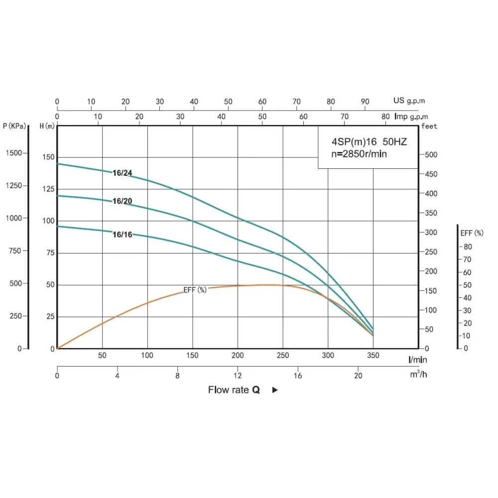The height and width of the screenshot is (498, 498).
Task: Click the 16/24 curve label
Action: click(x=122, y=173)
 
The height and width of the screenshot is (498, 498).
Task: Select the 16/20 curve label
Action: click(x=122, y=201)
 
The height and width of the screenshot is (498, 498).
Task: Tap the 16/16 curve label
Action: click(x=122, y=234)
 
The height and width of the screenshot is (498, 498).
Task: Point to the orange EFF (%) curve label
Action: click(x=195, y=290)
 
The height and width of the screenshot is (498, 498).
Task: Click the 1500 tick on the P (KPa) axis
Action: click(x=13, y=153)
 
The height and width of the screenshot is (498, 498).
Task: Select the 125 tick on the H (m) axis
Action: click(x=48, y=189)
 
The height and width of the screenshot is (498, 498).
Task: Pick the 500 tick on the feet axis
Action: click(x=430, y=155)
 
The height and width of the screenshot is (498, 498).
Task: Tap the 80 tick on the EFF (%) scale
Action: click(x=468, y=247)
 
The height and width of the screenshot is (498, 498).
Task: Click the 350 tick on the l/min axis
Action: click(x=373, y=356)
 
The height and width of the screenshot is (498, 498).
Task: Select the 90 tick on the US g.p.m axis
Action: click(x=365, y=102)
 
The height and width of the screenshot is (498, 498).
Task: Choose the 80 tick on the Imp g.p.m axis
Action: click(x=385, y=117)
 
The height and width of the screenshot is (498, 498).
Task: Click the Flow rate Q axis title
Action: click(x=234, y=390)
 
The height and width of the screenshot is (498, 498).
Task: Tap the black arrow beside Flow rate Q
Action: click(x=275, y=390)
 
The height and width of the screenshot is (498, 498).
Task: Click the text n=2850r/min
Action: click(x=359, y=154)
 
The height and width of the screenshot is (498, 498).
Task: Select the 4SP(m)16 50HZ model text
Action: click(x=369, y=142)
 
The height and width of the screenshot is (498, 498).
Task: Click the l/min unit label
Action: click(x=417, y=359)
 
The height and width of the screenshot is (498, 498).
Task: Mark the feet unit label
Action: click(x=429, y=126)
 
